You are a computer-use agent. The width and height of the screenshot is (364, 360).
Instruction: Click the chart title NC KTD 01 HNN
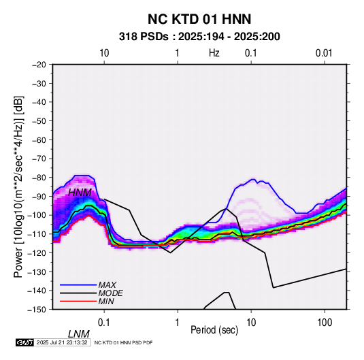(199, 19)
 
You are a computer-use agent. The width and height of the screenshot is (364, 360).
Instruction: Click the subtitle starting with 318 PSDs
(199, 37)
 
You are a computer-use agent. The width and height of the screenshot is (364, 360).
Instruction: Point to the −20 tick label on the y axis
(39, 65)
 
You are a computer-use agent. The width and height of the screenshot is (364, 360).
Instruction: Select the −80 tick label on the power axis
(39, 178)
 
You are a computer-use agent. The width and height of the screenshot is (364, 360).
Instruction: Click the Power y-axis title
(18, 187)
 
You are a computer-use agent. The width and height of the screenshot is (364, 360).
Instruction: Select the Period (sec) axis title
(214, 330)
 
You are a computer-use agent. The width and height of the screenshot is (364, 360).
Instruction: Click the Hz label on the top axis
(214, 53)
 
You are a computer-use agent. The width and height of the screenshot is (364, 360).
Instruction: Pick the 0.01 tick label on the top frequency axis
(324, 53)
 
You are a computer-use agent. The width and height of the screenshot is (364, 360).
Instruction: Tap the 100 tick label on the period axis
(325, 323)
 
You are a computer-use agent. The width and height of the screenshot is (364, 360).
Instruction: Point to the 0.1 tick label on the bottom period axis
(104, 323)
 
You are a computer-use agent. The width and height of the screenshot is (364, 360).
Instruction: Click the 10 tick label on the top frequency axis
(104, 53)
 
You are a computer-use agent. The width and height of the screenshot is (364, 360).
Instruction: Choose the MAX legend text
(107, 285)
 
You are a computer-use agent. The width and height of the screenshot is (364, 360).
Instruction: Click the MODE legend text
(110, 293)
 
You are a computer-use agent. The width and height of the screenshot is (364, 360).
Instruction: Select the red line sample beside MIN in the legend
(78, 301)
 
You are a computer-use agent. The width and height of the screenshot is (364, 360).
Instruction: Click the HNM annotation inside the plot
(80, 193)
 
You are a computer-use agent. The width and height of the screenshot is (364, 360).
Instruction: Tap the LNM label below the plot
(79, 334)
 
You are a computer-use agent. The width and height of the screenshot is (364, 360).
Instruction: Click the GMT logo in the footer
(25, 342)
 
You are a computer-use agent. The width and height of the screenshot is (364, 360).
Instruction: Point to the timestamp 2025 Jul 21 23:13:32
(62, 342)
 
